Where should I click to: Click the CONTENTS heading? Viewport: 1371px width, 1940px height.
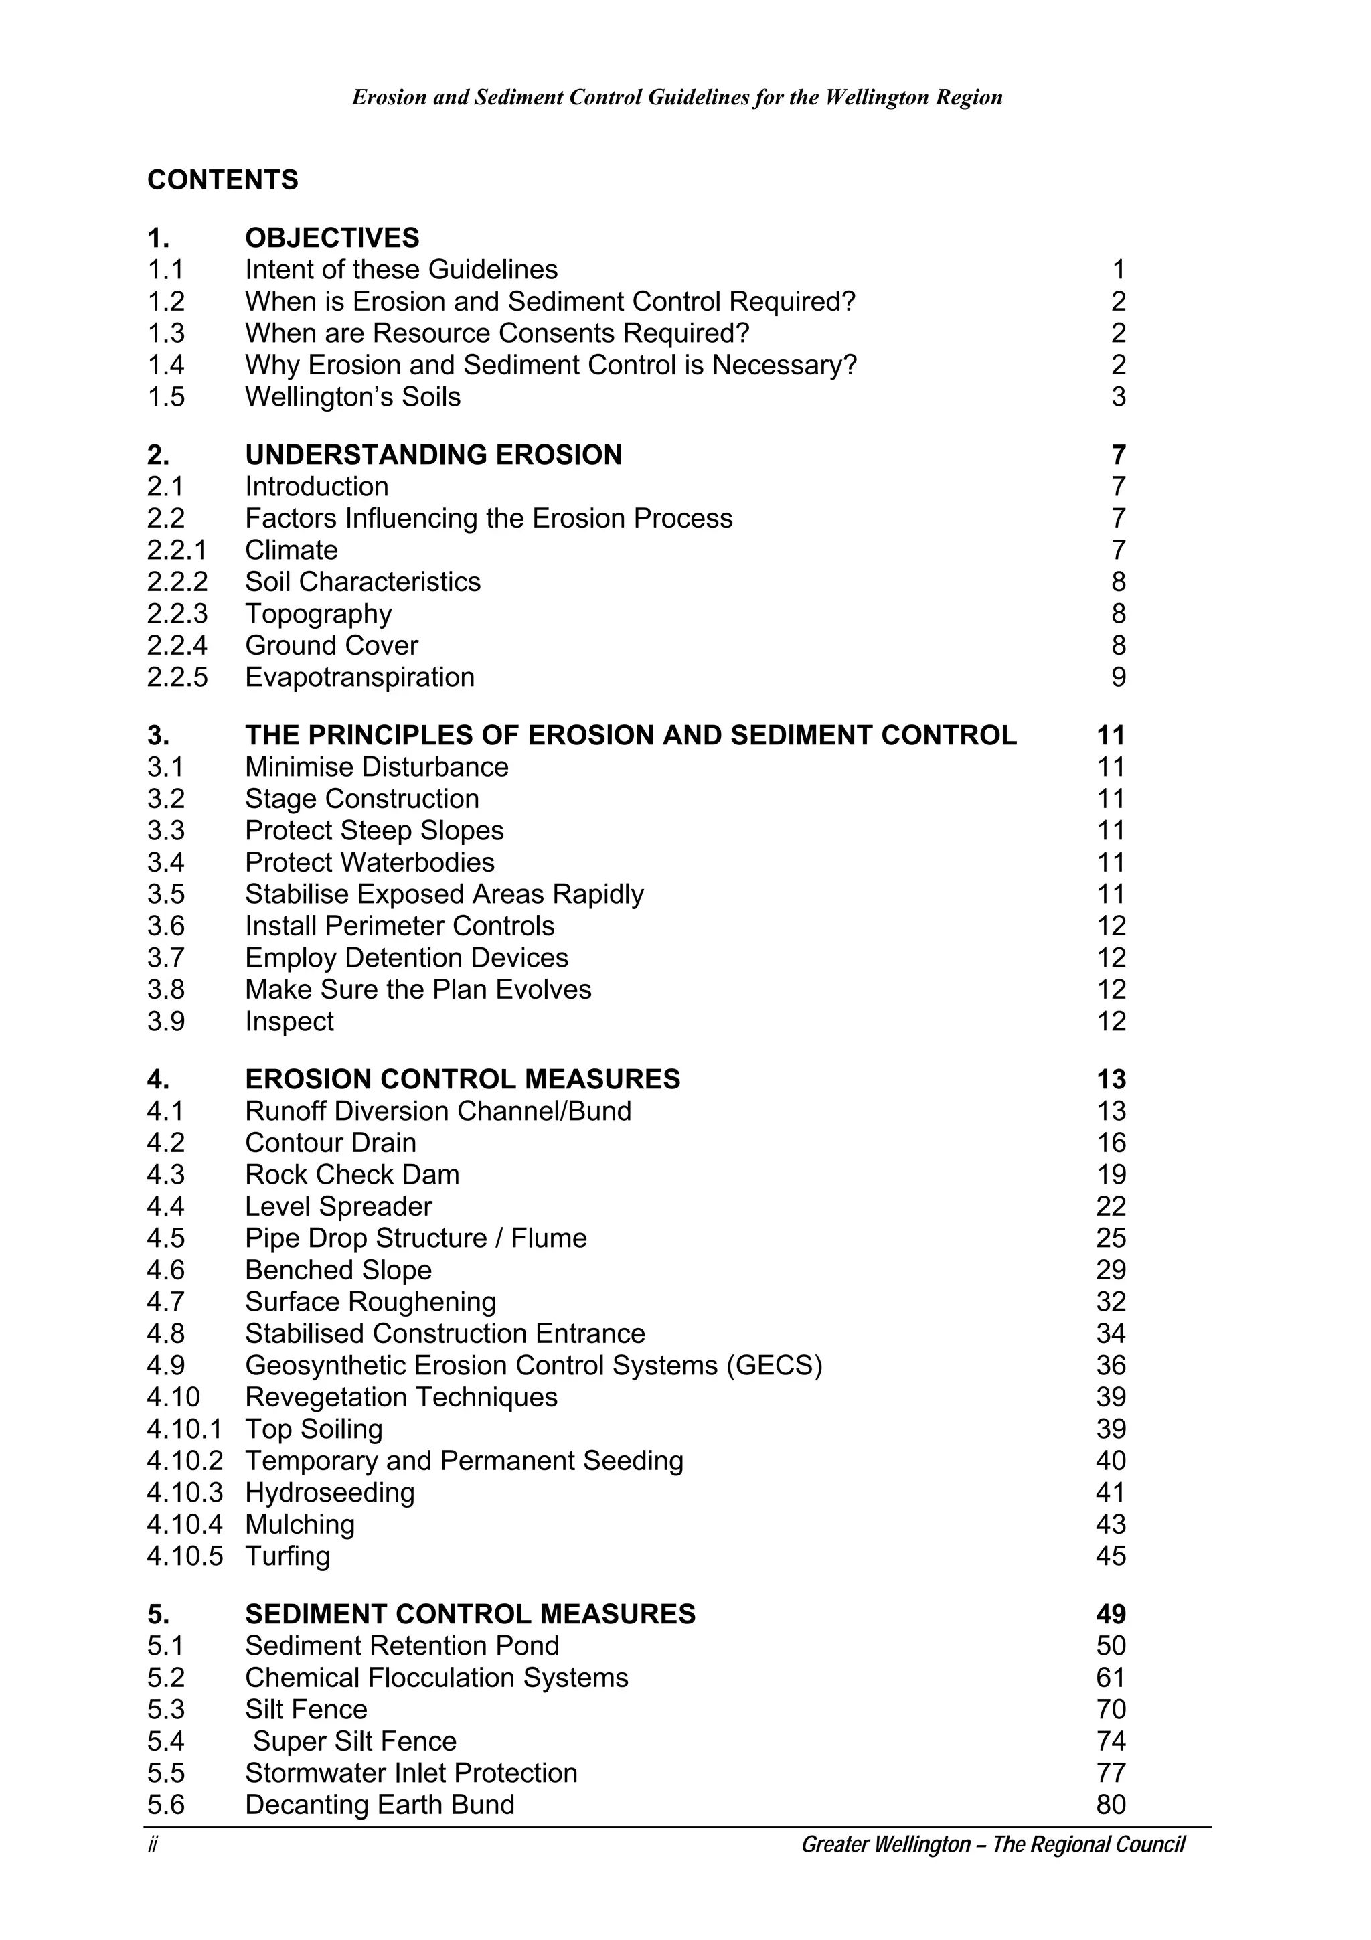pyautogui.click(x=222, y=180)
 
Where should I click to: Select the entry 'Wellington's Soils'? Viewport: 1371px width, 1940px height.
pyautogui.click(x=352, y=396)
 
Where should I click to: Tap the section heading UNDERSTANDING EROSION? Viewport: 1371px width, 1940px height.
pyautogui.click(x=432, y=455)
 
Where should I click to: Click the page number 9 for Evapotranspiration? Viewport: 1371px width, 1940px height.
pyautogui.click(x=1117, y=677)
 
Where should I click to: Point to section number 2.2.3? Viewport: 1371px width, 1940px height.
pyautogui.click(x=177, y=613)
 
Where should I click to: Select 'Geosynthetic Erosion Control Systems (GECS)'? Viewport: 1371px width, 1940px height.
pyautogui.click(x=533, y=1366)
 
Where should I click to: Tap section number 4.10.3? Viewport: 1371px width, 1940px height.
pyautogui.click(x=184, y=1492)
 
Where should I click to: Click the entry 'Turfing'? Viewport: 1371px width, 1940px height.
pyautogui.click(x=287, y=1556)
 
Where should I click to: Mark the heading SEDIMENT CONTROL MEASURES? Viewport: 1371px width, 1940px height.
pyautogui.click(x=470, y=1614)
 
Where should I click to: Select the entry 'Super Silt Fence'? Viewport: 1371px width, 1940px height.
pyautogui.click(x=354, y=1741)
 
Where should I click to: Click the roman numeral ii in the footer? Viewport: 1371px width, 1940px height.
pyautogui.click(x=153, y=1844)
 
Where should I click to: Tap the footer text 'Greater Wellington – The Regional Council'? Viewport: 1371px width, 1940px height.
pyautogui.click(x=993, y=1844)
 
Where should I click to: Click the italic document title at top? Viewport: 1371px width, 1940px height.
pyautogui.click(x=677, y=97)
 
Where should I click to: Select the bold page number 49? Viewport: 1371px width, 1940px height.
pyautogui.click(x=1110, y=1614)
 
